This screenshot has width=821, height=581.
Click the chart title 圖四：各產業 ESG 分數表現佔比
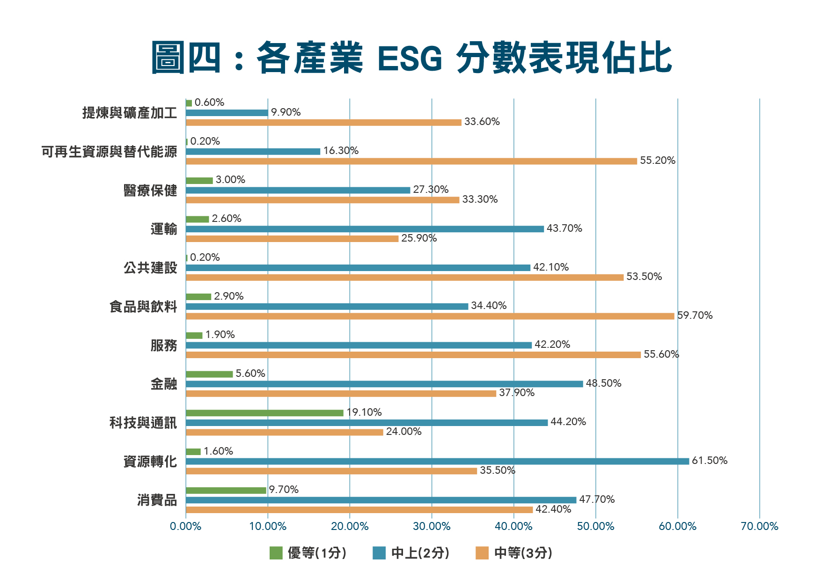click(411, 58)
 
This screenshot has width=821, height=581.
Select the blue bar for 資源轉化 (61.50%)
click(437, 461)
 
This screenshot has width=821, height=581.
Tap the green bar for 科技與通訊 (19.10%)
click(264, 413)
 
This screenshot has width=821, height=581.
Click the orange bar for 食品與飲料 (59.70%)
click(430, 316)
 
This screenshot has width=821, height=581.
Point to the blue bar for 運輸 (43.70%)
click(365, 229)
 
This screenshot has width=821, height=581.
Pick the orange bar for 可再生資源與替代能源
click(411, 161)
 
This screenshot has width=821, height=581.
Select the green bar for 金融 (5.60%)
click(209, 374)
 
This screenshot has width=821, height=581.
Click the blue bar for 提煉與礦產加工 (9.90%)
click(227, 113)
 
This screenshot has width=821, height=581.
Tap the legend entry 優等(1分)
click(308, 553)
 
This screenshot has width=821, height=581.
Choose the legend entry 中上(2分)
click(411, 553)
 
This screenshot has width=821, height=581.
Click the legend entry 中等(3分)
click(514, 553)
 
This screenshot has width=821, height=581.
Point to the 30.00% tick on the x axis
click(432, 526)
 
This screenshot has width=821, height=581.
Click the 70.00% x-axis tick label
click(759, 526)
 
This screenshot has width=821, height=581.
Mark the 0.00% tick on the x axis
click(186, 526)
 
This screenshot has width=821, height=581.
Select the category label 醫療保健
click(150, 191)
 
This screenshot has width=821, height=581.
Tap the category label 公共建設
click(150, 268)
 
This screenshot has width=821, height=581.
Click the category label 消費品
click(157, 500)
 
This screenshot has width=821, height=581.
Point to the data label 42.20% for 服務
click(552, 345)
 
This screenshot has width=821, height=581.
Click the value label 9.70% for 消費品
click(284, 490)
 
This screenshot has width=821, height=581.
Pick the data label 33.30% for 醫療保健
click(480, 199)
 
